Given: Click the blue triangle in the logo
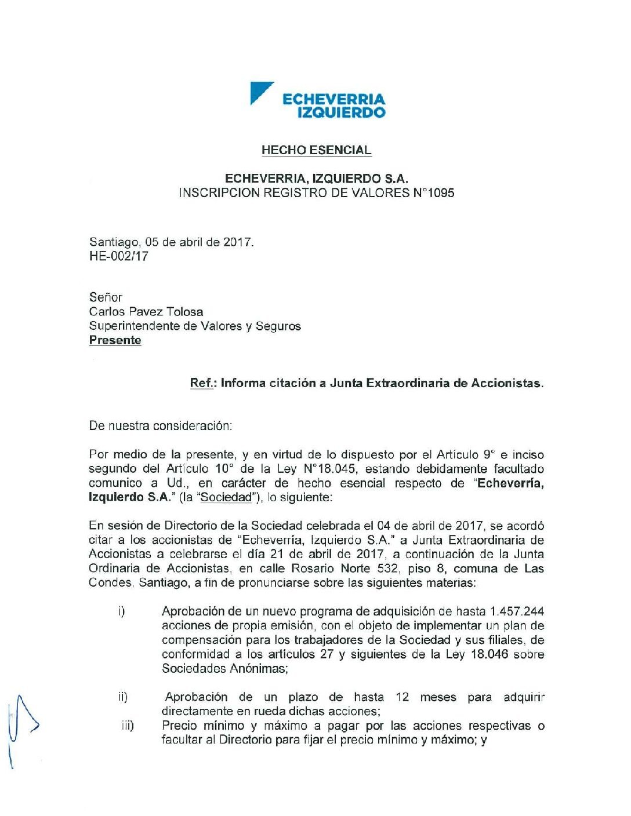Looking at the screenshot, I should click(259, 92).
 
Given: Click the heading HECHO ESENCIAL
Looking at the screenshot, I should click(316, 150).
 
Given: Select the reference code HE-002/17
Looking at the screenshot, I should click(119, 256).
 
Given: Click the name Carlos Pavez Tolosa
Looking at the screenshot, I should click(146, 312).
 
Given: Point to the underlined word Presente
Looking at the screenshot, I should click(115, 340).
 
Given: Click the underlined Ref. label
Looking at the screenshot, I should click(202, 383).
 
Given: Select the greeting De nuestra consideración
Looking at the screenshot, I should click(160, 426).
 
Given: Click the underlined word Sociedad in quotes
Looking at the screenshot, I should click(227, 497).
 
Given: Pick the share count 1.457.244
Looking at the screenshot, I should click(517, 611).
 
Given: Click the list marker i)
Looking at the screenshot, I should click(121, 611).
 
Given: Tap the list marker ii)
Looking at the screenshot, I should click(123, 697).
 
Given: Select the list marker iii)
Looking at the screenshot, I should click(128, 726).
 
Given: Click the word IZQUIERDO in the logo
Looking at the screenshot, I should click(341, 112).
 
